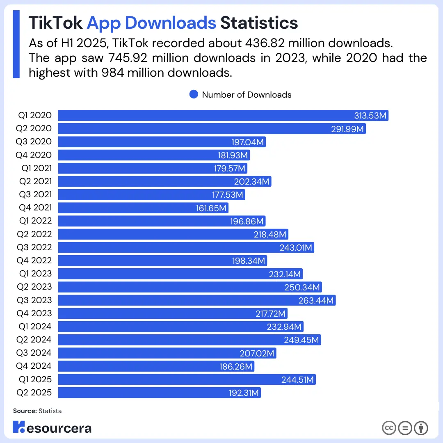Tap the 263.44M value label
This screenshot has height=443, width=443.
point(316,300)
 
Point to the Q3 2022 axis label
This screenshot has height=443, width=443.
point(34,247)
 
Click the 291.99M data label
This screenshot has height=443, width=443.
point(347,129)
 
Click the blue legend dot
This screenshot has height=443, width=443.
point(194,95)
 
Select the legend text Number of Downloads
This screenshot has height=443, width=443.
point(247,95)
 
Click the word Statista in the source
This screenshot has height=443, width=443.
point(50,411)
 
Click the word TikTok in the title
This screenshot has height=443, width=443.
point(55,23)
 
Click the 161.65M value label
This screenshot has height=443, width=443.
point(211,208)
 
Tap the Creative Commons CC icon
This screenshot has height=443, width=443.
point(389,428)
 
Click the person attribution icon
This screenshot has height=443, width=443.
point(421,428)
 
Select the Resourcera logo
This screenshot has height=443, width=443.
point(52,427)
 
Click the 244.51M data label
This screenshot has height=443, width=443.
point(297,379)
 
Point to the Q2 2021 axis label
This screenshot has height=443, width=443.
point(35,181)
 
